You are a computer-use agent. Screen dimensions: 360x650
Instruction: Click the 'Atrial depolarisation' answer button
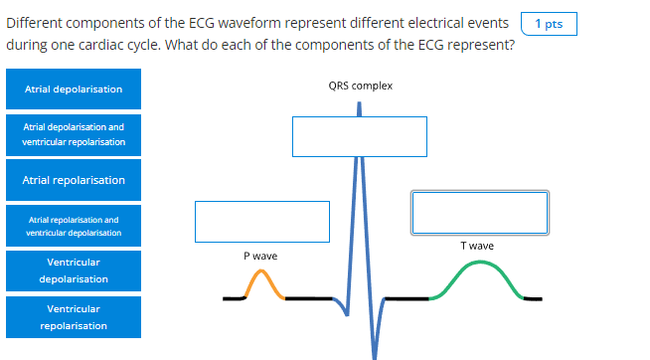pos(73,90)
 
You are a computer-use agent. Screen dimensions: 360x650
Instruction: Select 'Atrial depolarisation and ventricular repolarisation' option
pos(73,135)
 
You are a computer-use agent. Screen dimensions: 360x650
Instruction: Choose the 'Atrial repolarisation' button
pos(73,180)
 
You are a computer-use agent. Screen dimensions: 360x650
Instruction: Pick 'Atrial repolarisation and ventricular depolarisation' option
pos(73,226)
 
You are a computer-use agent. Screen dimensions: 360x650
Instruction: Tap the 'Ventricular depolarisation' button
pos(73,270)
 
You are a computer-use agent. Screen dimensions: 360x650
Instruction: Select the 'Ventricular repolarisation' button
pos(73,317)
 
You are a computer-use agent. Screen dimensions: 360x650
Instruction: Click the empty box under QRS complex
pos(359,136)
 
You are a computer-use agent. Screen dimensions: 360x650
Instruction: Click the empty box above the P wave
pos(261,221)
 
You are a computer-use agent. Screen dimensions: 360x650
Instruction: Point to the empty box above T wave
pos(479,211)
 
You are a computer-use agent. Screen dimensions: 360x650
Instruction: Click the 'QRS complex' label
pos(360,86)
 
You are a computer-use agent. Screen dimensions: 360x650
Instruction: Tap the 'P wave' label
pos(260,256)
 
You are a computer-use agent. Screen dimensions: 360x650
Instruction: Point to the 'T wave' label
pos(477,246)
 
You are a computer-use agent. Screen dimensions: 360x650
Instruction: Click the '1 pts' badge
pos(548,24)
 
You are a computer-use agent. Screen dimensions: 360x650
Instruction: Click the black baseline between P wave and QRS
pos(308,297)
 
